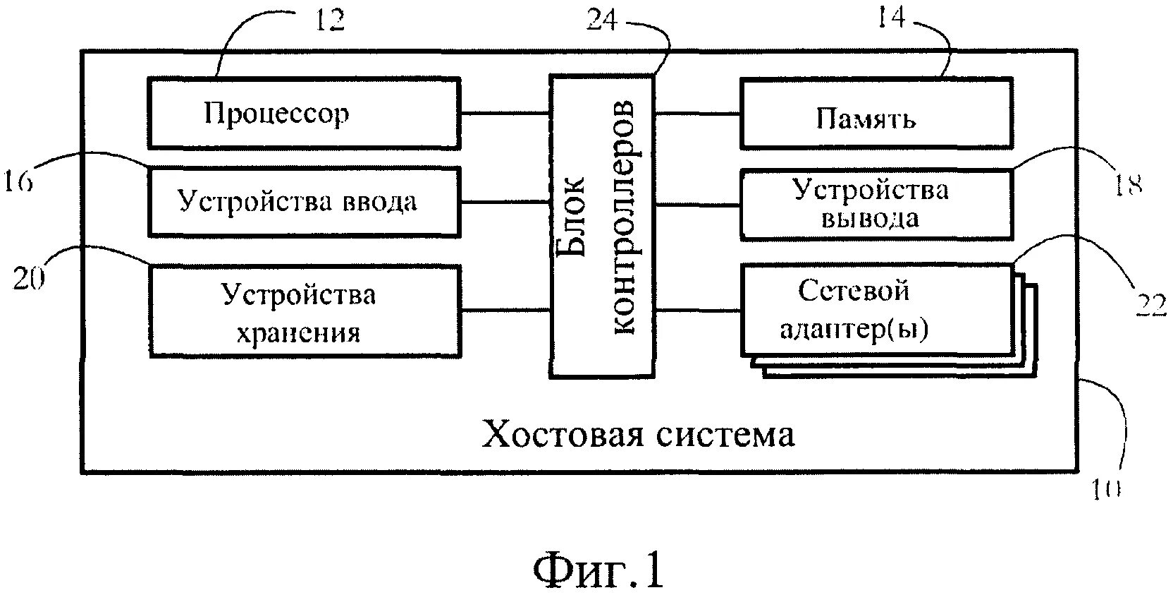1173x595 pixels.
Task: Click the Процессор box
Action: pyautogui.click(x=303, y=113)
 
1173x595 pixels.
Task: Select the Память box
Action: pyautogui.click(x=876, y=114)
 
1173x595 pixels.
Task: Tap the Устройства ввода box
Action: pyautogui.click(x=303, y=202)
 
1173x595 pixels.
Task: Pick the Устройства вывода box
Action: pyautogui.click(x=876, y=203)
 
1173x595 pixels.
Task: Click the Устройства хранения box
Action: pyautogui.click(x=303, y=311)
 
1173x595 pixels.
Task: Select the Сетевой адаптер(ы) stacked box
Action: pyautogui.click(x=876, y=310)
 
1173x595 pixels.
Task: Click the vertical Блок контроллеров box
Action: pyautogui.click(x=602, y=226)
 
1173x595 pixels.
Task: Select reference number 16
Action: pyautogui.click(x=17, y=182)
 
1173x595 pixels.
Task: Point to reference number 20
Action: pyautogui.click(x=29, y=280)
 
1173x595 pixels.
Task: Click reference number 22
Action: pyautogui.click(x=1149, y=305)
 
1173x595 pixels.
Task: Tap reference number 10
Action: pyautogui.click(x=1105, y=488)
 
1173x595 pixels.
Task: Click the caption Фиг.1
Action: pyautogui.click(x=598, y=570)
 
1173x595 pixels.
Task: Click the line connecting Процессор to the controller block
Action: pyautogui.click(x=505, y=113)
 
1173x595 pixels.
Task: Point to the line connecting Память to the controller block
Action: pyautogui.click(x=697, y=114)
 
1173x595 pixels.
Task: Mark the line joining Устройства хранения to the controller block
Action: pyautogui.click(x=505, y=311)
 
